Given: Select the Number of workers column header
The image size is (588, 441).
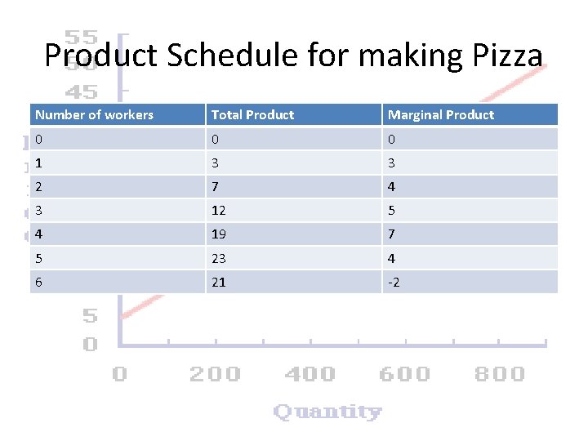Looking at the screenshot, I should pyautogui.click(x=94, y=115).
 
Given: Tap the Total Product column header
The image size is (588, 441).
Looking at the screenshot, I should pyautogui.click(x=252, y=115).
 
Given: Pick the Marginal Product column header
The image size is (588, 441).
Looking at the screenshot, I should pyautogui.click(x=441, y=115).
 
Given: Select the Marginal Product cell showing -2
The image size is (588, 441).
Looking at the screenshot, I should pyautogui.click(x=394, y=283).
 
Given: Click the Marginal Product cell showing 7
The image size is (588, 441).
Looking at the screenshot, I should pyautogui.click(x=391, y=234).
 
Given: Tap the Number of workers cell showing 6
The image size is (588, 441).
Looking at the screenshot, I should pyautogui.click(x=38, y=283).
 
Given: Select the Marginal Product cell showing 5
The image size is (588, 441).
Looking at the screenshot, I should pyautogui.click(x=391, y=211).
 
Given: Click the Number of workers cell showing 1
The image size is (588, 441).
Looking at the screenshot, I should pyautogui.click(x=38, y=163).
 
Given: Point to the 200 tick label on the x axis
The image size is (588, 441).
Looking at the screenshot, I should pyautogui.click(x=215, y=374).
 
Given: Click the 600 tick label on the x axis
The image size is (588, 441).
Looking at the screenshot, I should pyautogui.click(x=404, y=374).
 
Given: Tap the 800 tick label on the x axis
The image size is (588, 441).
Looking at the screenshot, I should pyautogui.click(x=500, y=374).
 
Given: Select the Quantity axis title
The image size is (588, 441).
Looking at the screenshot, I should pyautogui.click(x=327, y=411).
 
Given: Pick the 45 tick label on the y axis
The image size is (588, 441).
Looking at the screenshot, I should pyautogui.click(x=81, y=91).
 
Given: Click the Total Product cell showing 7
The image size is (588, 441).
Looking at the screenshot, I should pyautogui.click(x=216, y=187).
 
